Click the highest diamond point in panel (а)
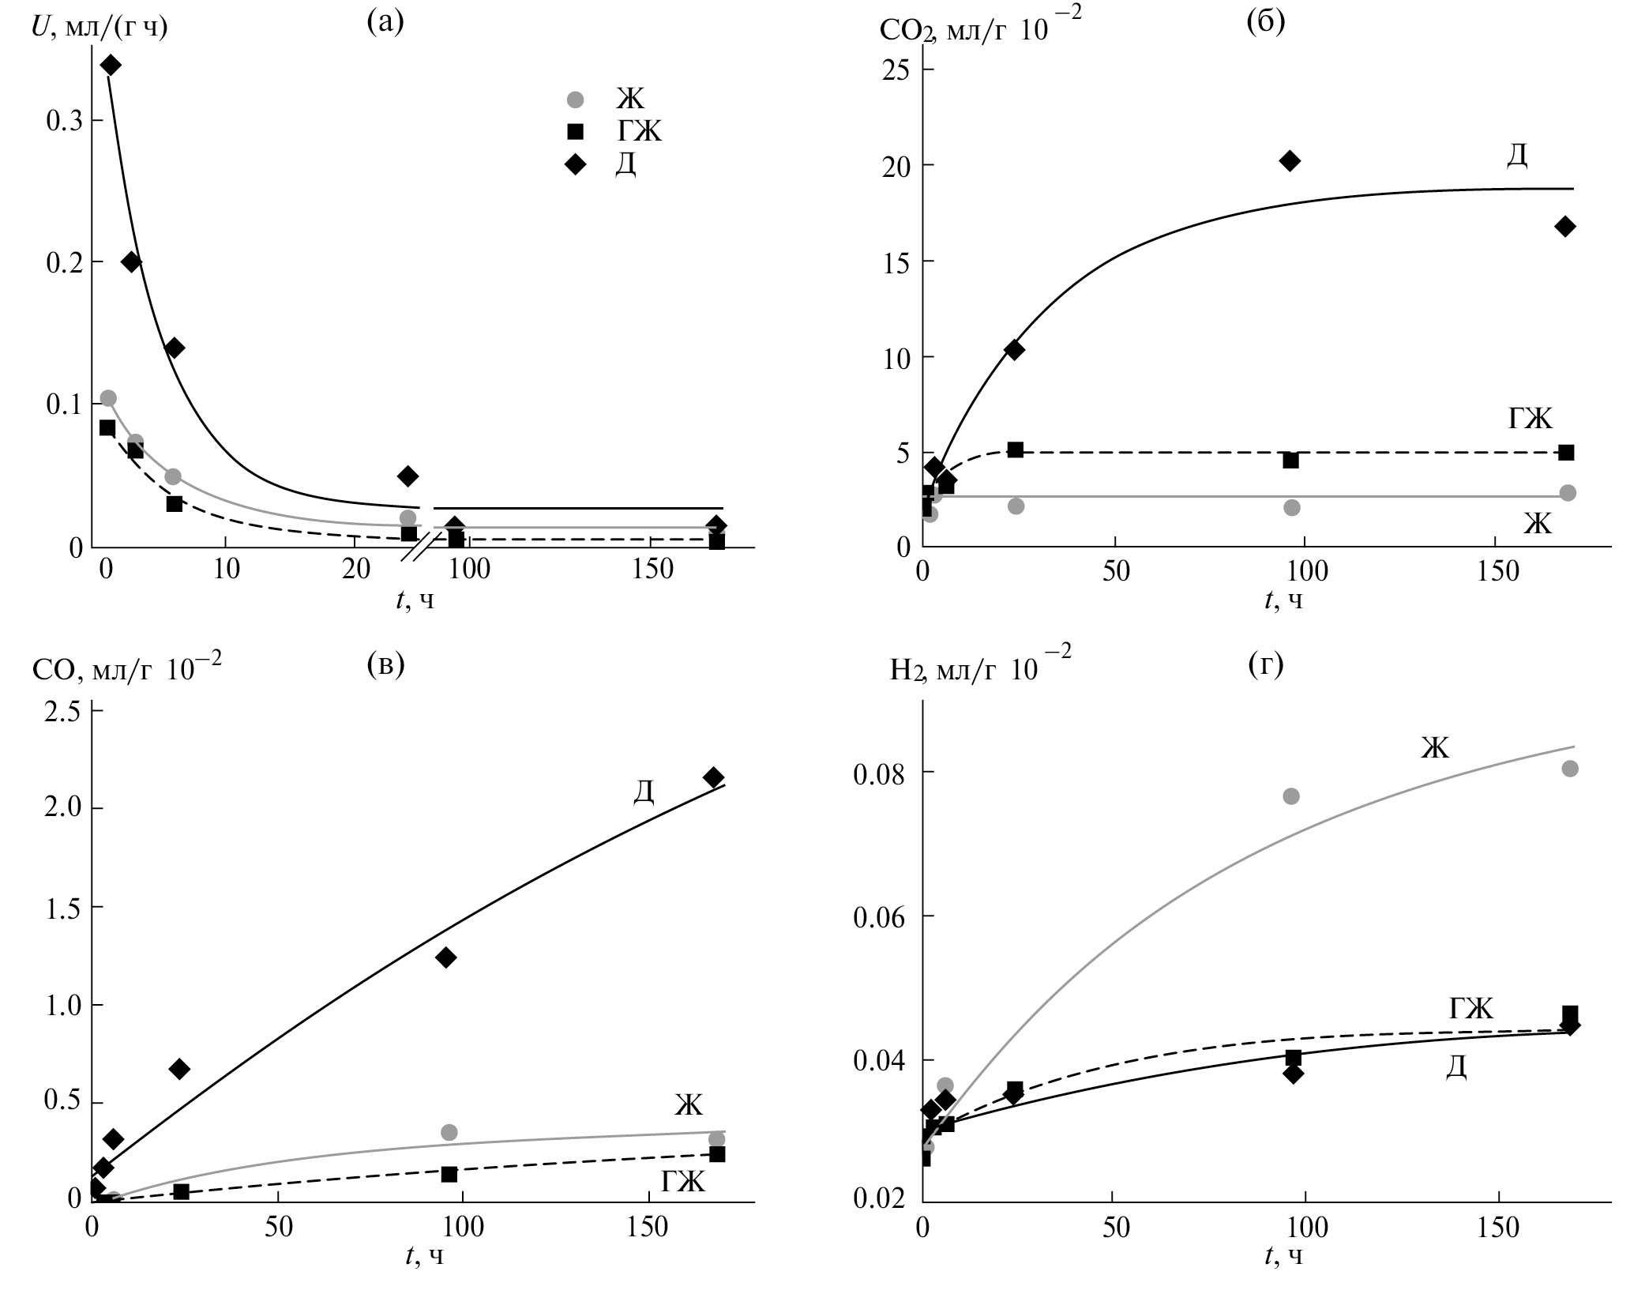(111, 65)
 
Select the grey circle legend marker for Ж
(576, 100)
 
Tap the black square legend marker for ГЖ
(576, 131)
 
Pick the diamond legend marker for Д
(576, 164)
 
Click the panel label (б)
(1265, 22)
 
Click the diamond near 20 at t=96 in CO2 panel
(1290, 161)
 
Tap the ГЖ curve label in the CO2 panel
(1530, 418)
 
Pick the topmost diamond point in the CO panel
(714, 777)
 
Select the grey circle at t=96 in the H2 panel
(1291, 796)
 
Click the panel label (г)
(1265, 666)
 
